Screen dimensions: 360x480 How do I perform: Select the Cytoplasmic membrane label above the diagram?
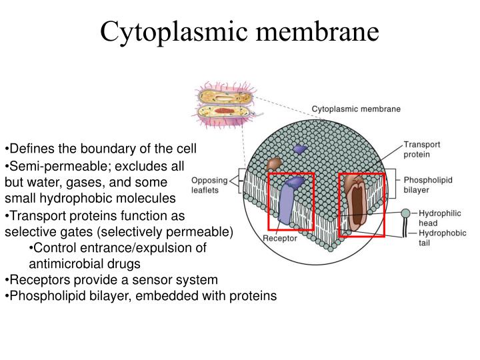click(x=356, y=109)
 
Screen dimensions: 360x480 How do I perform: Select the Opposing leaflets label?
click(x=209, y=185)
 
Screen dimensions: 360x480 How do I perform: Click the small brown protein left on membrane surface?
click(x=273, y=164)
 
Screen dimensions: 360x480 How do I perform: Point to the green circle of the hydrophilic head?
click(x=406, y=214)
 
